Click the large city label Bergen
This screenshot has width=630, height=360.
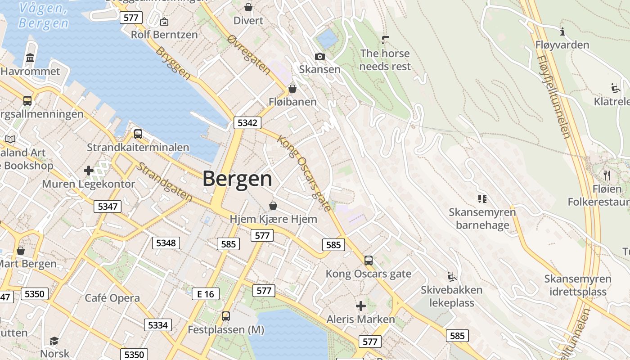point(237,179)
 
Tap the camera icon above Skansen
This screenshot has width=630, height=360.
point(320,56)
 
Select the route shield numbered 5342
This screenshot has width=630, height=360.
point(247,123)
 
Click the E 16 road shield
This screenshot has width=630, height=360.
point(206,294)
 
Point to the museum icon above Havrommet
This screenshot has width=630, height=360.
point(31,58)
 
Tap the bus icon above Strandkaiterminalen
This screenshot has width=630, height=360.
point(138,134)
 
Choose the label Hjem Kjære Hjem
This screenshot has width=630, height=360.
point(273,219)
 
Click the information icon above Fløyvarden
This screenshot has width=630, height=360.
point(562,31)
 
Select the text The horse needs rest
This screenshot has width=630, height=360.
point(385,60)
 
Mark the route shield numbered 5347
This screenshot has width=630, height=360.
point(108,207)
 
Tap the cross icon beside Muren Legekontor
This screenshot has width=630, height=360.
point(89,171)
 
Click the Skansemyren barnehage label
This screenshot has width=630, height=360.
point(482,218)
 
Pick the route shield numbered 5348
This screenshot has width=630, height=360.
point(166,243)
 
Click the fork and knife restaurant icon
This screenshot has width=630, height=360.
point(607,175)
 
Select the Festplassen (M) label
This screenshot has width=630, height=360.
point(226,330)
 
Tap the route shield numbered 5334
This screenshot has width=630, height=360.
point(158,325)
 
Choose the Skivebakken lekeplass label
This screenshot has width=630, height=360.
point(451,296)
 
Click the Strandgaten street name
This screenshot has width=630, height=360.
point(164,181)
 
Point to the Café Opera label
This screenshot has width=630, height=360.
point(112,298)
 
